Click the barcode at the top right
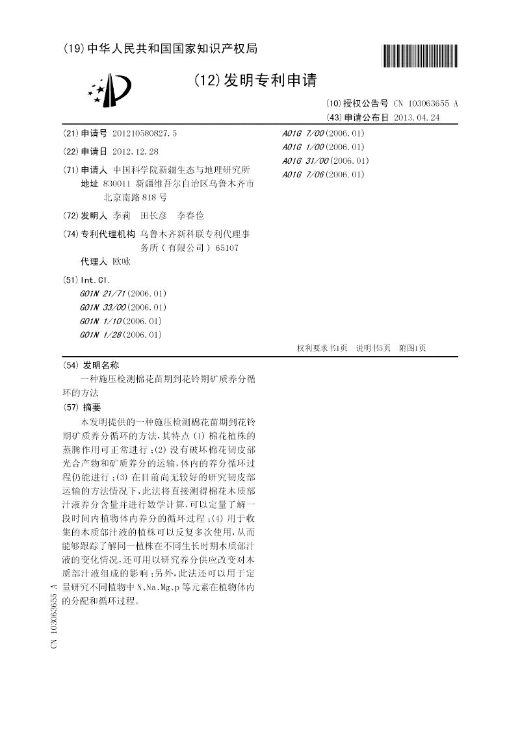tap(419, 55)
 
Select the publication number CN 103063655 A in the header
tap(425, 103)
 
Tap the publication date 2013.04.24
tap(417, 118)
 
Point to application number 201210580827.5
tap(144, 133)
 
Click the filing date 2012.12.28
tap(135, 151)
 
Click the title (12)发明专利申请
tap(255, 81)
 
